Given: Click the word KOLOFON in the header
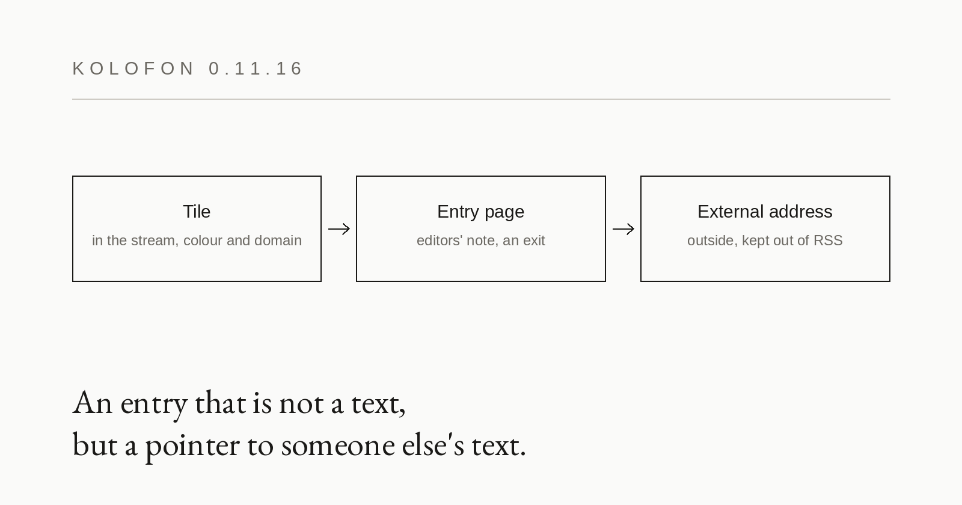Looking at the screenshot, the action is tap(133, 69).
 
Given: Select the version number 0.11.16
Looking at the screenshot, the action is tap(256, 69).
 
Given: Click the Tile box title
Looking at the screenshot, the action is tap(197, 212).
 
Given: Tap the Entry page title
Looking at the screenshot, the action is tap(480, 212).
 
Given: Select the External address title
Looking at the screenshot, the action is tap(765, 212).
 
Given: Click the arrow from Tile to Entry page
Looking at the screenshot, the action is tap(339, 229).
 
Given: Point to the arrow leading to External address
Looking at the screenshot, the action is tap(623, 229).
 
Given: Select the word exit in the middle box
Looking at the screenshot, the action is tap(534, 240).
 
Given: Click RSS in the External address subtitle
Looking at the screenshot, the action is tap(828, 240).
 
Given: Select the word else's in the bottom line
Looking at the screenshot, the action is tap(433, 445).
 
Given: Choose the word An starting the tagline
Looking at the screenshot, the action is tap(93, 403).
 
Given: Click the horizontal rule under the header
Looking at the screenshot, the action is tap(481, 99).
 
